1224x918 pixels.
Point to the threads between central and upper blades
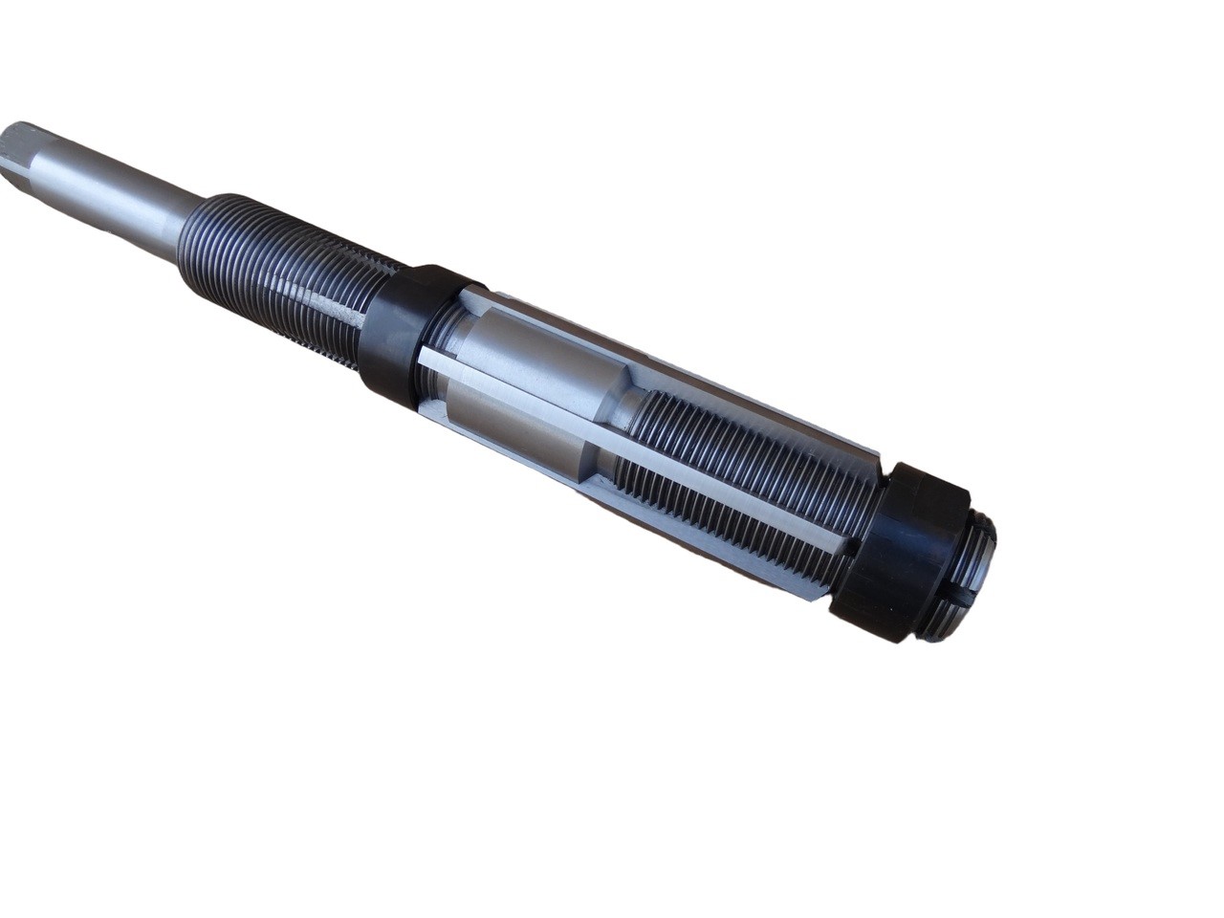[x=765, y=449]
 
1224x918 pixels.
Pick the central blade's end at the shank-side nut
[x=426, y=359]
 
